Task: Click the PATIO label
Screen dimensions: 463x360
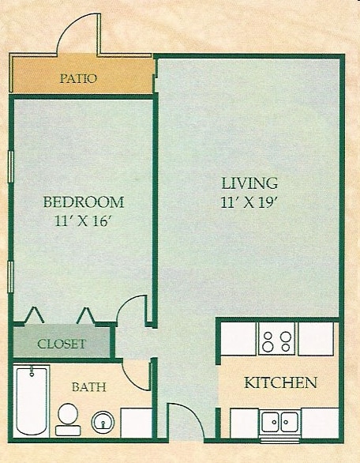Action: [78, 78]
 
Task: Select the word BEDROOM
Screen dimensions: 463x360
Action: [83, 201]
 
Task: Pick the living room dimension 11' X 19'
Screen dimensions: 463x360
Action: [249, 201]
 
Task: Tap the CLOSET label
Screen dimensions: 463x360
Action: [62, 344]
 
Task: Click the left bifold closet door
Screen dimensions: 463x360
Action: [33, 315]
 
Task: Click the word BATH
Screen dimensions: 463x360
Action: [89, 387]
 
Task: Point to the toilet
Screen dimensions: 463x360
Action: [69, 415]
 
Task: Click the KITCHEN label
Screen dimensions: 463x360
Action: [280, 383]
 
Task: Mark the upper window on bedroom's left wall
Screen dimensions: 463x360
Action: [11, 168]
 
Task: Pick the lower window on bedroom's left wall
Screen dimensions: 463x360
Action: [11, 277]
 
